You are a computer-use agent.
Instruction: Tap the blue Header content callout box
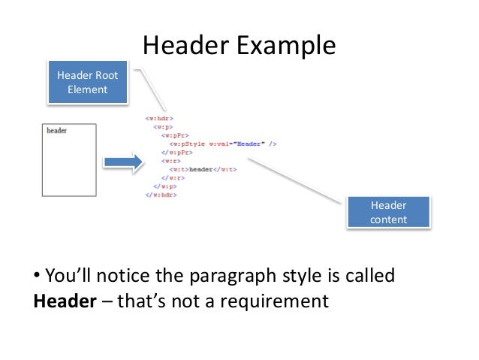click(x=388, y=213)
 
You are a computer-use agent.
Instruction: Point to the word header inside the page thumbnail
click(x=57, y=131)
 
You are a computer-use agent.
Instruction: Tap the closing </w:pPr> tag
click(x=176, y=152)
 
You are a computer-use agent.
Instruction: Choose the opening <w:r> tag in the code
click(x=170, y=161)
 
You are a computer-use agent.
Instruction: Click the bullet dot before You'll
click(x=37, y=276)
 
